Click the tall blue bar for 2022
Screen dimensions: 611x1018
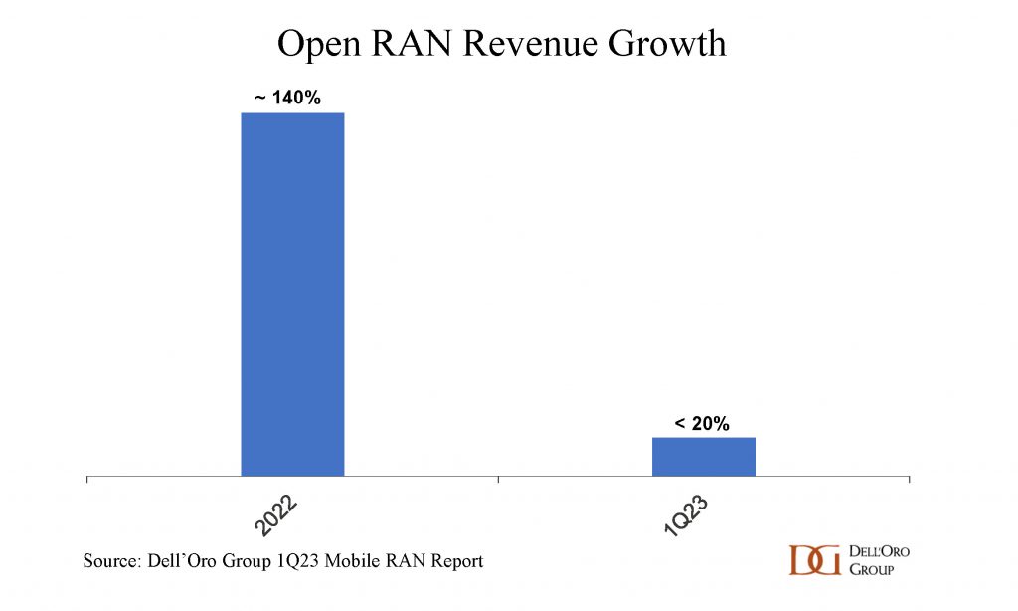tap(292, 294)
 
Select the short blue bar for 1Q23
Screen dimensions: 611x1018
tap(704, 457)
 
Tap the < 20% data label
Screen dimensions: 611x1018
tap(702, 424)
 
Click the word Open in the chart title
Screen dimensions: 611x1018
tap(314, 44)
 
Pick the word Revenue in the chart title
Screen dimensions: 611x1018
tap(518, 44)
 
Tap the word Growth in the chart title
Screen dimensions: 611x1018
tap(661, 44)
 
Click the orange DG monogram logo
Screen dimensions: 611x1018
tap(814, 560)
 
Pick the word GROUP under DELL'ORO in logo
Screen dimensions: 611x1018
tap(871, 569)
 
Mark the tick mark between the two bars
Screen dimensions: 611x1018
tap(498, 481)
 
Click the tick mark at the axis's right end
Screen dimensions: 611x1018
tap(909, 481)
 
